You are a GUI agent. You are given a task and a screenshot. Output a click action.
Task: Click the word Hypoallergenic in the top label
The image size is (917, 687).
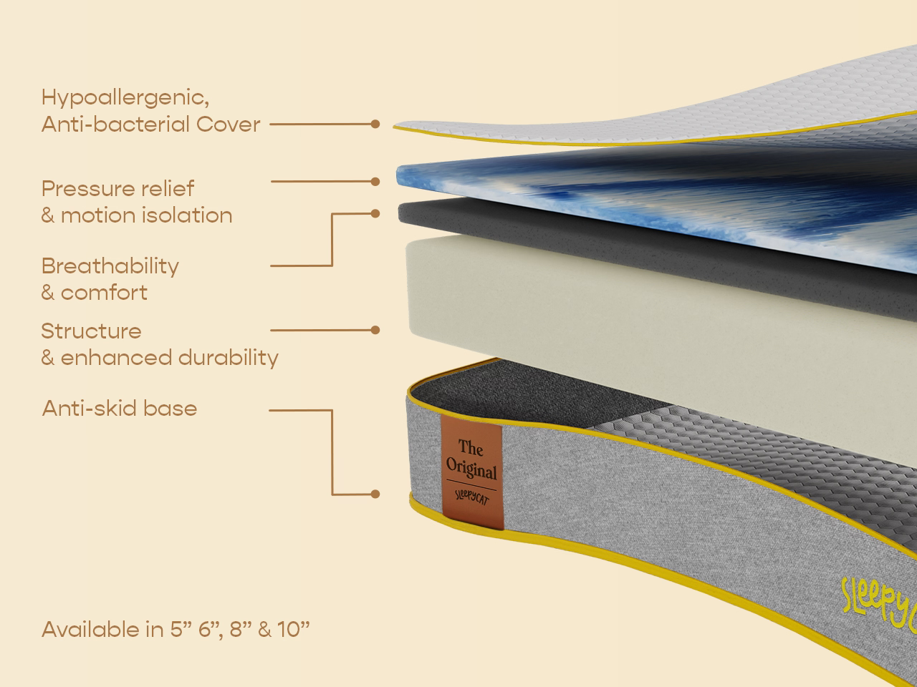125,97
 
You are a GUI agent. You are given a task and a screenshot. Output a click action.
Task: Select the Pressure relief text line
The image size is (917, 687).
117,188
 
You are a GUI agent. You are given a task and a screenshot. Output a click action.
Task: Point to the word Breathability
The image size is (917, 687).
110,265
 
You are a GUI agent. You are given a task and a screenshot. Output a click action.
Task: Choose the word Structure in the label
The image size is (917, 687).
91,331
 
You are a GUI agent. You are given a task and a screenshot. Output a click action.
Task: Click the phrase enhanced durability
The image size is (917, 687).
169,357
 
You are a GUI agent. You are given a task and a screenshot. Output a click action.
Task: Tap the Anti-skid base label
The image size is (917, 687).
119,408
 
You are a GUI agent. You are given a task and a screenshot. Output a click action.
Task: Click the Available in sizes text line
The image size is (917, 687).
176,629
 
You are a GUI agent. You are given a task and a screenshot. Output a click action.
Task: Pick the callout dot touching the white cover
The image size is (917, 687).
375,124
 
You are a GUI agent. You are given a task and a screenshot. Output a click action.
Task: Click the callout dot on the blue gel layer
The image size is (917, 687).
375,182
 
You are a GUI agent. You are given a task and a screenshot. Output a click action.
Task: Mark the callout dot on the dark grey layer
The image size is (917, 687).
375,213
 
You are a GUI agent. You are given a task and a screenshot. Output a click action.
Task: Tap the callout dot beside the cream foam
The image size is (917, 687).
375,330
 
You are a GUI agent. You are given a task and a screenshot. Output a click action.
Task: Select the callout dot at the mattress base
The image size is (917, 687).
375,494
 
